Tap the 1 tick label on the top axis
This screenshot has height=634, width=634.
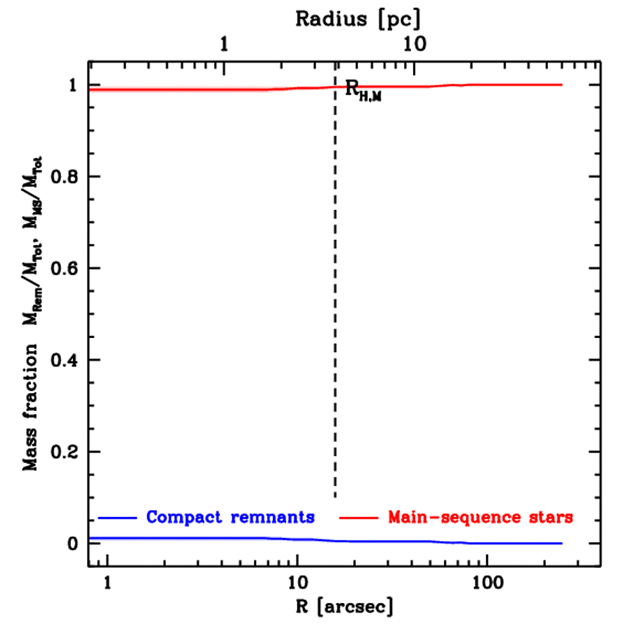click(x=224, y=45)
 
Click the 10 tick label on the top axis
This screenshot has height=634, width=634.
click(x=415, y=45)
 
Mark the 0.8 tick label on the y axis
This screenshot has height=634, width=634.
click(x=63, y=177)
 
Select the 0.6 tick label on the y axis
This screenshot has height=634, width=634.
click(x=63, y=269)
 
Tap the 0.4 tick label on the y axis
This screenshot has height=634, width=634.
click(x=63, y=360)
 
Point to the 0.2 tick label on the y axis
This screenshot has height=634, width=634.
click(x=63, y=452)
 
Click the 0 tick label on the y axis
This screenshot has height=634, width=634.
click(x=73, y=544)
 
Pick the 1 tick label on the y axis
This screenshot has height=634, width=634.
click(x=73, y=85)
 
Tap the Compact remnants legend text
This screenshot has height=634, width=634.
click(x=230, y=517)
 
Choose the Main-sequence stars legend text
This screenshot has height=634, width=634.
click(x=480, y=517)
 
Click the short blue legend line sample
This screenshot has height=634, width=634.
click(x=117, y=517)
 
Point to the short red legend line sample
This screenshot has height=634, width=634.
click(x=358, y=517)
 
